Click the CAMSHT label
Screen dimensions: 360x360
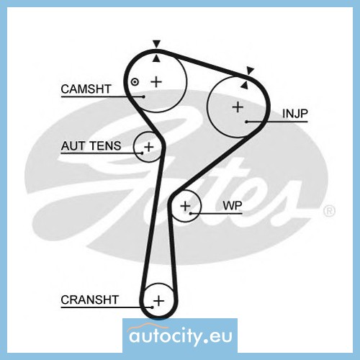86,89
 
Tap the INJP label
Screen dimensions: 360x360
295,114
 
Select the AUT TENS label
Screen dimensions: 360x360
91,146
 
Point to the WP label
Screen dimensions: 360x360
233,205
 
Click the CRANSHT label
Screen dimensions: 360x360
90,300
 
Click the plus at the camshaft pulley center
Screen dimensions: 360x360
156,82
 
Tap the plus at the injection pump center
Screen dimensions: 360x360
238,107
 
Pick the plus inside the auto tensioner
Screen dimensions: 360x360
149,147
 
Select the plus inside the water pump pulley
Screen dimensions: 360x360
185,206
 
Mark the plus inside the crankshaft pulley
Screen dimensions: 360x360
158,301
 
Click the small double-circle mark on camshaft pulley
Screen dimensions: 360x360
135,82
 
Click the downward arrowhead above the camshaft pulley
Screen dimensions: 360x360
156,44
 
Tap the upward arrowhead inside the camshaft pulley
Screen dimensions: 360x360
156,58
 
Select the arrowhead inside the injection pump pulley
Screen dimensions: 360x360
244,85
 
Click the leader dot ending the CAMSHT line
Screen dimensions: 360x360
143,96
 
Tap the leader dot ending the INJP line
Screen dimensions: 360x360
246,122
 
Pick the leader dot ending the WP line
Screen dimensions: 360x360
190,213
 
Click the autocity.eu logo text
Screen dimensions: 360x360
181,336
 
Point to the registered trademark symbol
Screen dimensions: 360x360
329,211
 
